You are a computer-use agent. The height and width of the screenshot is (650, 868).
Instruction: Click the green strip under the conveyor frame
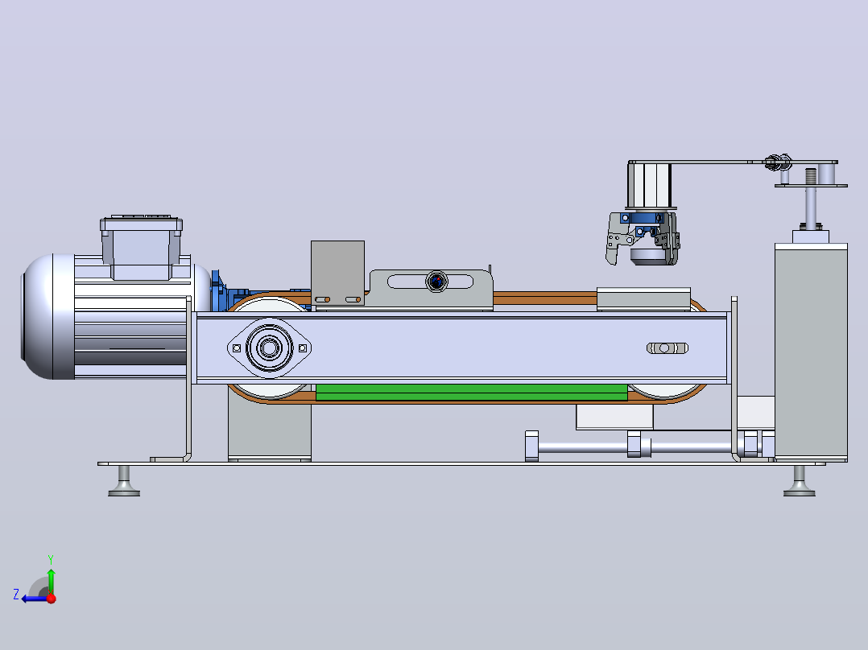click(x=471, y=393)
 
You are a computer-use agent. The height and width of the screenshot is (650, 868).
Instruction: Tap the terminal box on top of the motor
click(x=141, y=247)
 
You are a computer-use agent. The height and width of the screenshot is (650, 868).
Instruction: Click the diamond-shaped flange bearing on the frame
click(x=269, y=348)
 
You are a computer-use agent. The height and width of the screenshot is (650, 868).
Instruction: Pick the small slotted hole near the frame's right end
click(x=667, y=348)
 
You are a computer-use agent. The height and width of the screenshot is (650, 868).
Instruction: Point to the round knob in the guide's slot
click(x=436, y=282)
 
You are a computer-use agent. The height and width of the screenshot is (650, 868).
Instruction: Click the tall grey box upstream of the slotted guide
click(x=337, y=273)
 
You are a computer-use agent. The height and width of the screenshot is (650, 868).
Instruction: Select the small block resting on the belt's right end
click(x=643, y=298)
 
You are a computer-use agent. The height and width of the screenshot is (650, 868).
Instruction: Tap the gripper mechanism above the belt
click(x=643, y=239)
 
